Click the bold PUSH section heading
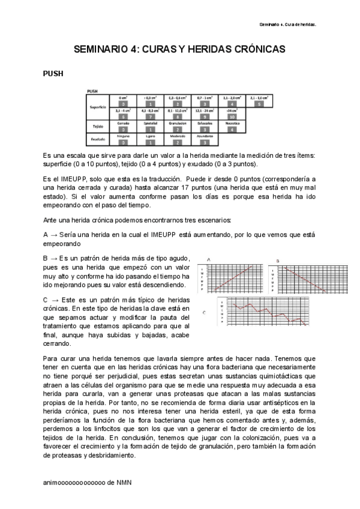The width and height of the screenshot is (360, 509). pyautogui.click(x=53, y=74)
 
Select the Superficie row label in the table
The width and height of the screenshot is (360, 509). pyautogui.click(x=98, y=106)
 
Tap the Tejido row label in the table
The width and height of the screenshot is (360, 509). pyautogui.click(x=98, y=127)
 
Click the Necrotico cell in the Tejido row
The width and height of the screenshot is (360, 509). pyautogui.click(x=232, y=122)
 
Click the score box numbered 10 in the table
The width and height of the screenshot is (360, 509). pyautogui.click(x=232, y=116)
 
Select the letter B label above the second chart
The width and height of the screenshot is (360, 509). pyautogui.click(x=278, y=260)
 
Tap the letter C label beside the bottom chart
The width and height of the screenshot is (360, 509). pyautogui.click(x=205, y=313)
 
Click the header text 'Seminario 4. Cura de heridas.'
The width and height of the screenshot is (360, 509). pyautogui.click(x=287, y=25)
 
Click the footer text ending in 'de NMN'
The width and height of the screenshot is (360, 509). pyautogui.click(x=88, y=482)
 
